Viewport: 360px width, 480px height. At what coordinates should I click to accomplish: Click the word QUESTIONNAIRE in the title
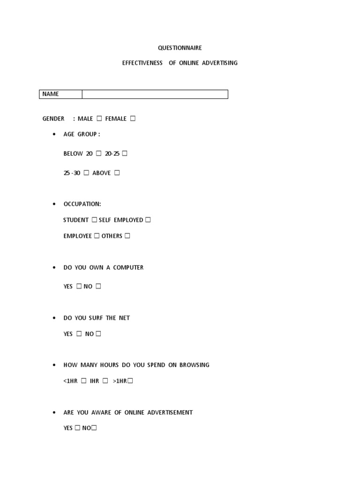pos(180,48)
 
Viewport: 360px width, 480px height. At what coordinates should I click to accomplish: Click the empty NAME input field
pos(155,94)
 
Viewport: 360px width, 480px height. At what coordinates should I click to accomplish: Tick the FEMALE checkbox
pos(133,119)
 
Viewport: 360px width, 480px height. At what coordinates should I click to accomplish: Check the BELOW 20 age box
pos(98,153)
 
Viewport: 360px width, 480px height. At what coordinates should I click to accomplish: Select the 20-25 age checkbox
pos(125,153)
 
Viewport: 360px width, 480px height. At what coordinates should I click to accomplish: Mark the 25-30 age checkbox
pos(86,173)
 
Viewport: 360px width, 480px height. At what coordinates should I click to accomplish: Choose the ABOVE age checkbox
pos(117,173)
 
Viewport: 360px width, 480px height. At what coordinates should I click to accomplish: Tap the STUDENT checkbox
pos(94,220)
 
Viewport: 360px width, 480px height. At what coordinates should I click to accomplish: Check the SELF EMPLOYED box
pos(148,220)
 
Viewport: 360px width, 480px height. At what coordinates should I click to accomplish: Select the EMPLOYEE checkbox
pos(97,236)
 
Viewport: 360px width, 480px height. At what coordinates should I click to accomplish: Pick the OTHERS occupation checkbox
pos(127,236)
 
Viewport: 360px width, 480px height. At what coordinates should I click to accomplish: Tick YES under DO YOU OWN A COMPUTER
pos(79,286)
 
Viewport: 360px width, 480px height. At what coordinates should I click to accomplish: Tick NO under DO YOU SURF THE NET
pos(98,334)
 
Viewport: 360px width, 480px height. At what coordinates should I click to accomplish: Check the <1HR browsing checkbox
pos(83,381)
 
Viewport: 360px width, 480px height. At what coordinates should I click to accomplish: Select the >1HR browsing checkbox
pos(130,381)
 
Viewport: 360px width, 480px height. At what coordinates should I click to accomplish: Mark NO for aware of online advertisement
pos(94,428)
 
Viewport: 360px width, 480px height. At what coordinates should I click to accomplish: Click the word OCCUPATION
pos(82,204)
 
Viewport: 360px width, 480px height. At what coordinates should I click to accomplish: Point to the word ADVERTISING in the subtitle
pos(220,63)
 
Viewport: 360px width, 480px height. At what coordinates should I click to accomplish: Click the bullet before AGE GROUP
pos(54,135)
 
